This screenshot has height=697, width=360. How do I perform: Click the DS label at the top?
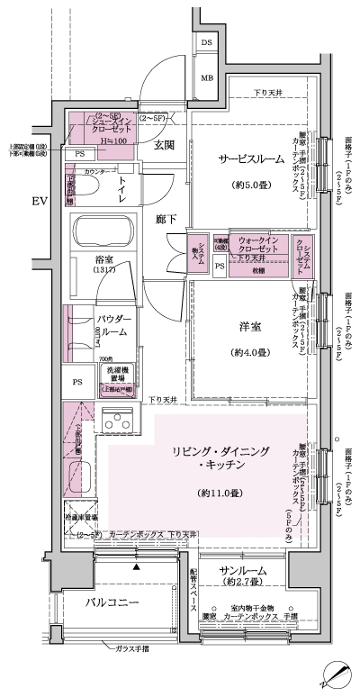207,43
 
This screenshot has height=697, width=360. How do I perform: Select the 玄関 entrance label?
163,144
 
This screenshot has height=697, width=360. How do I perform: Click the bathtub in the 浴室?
99,234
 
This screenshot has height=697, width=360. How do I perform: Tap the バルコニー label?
112,602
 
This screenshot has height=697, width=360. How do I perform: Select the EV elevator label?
37,199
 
